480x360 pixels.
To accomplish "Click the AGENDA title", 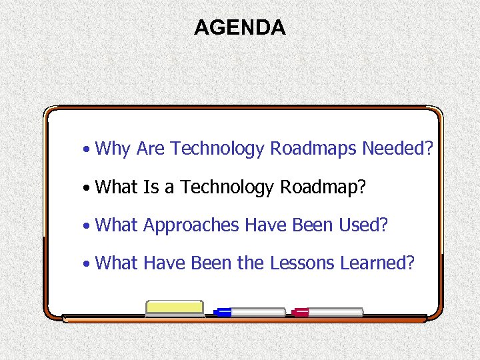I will pyautogui.click(x=239, y=27).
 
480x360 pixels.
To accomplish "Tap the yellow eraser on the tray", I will pyautogui.click(x=174, y=307).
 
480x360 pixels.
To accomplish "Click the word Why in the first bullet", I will pyautogui.click(x=113, y=149).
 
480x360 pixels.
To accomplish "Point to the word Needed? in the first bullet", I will pyautogui.click(x=397, y=148).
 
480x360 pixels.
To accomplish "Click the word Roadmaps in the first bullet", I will pyautogui.click(x=313, y=149).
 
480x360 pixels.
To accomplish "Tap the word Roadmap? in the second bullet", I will pyautogui.click(x=323, y=188).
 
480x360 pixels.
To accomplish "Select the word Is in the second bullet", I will pyautogui.click(x=150, y=187).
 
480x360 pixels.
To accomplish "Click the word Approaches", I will pyautogui.click(x=191, y=226).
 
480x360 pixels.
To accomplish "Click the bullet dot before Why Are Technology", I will pyautogui.click(x=87, y=149).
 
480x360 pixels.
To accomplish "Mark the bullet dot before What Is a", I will pyautogui.click(x=87, y=188).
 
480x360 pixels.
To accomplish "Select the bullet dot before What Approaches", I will pyautogui.click(x=87, y=226).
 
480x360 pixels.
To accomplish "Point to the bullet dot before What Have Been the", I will pyautogui.click(x=87, y=264).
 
